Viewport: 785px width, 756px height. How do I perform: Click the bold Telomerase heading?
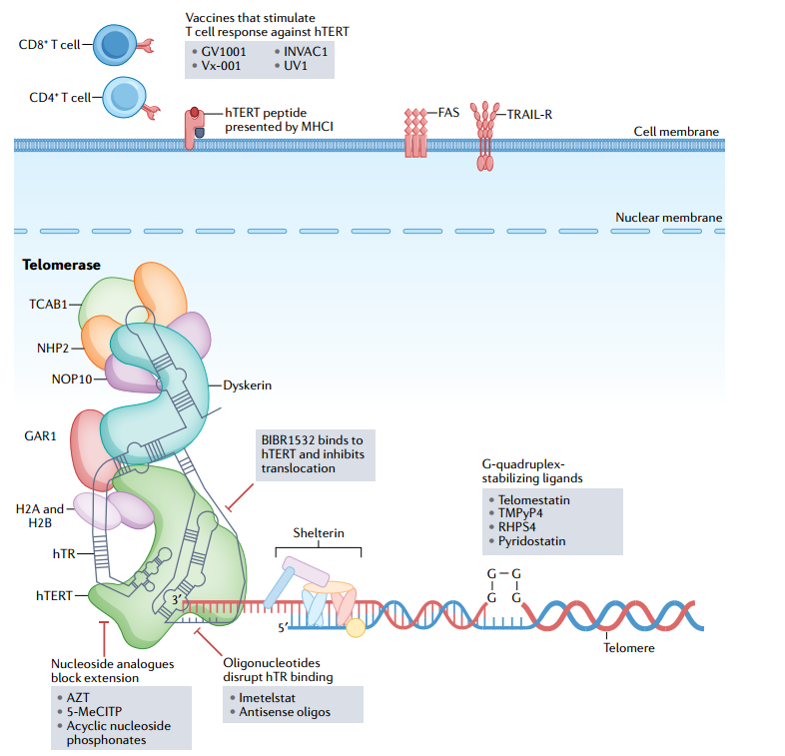tap(60, 267)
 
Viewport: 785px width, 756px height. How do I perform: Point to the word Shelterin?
tap(318, 533)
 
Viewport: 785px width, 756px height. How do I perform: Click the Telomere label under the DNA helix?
tap(629, 648)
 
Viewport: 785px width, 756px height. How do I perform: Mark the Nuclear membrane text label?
tap(668, 218)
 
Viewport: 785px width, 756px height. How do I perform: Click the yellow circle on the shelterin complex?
tap(354, 627)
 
